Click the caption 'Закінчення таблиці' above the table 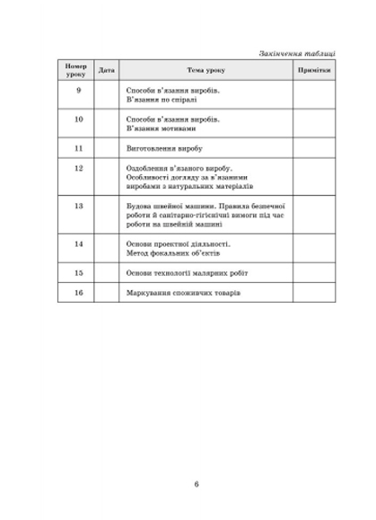tap(296, 51)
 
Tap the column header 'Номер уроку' tap(78, 70)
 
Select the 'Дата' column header tap(107, 70)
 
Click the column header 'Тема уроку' tap(205, 70)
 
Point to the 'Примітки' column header tap(313, 70)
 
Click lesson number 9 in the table tap(78, 92)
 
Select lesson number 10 tap(78, 119)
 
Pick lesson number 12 tap(78, 168)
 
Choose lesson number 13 tap(78, 207)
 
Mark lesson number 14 tap(78, 243)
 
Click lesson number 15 tap(78, 272)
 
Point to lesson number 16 tap(78, 293)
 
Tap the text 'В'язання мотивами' tap(162, 128)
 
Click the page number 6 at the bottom tap(196, 485)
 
